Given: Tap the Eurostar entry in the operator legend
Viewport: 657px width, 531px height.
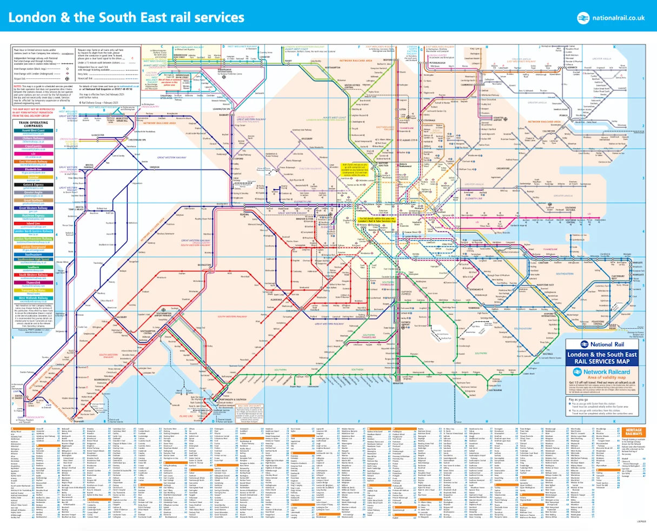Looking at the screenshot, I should [33, 177].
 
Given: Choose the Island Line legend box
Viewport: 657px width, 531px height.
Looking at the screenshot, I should [33, 224].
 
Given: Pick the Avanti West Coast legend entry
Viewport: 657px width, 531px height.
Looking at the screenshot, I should [33, 131].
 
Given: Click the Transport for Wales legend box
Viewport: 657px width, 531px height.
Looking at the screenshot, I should [33, 291].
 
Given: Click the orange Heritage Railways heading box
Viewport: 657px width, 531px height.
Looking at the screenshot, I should [633, 432].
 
